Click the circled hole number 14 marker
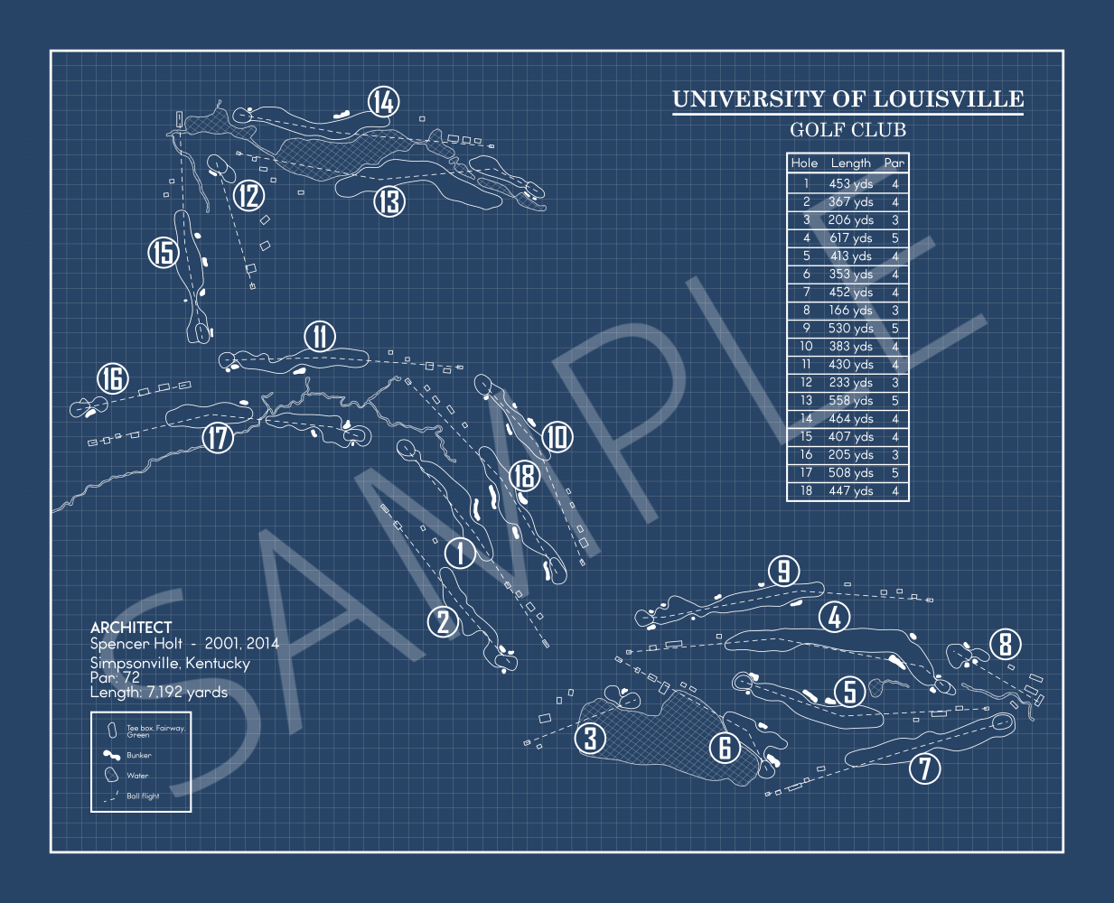(384, 102)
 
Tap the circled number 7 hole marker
(924, 768)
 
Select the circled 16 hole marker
(113, 379)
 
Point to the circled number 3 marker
(591, 739)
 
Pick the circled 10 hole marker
(557, 437)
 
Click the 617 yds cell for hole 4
(851, 238)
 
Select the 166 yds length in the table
(851, 311)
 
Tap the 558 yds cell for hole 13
(851, 401)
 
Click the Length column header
(851, 163)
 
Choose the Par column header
(894, 163)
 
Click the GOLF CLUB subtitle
(847, 130)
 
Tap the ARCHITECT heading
(131, 628)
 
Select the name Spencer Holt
(136, 644)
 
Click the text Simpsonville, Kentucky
(170, 664)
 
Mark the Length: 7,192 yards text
(159, 693)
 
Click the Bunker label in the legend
(139, 755)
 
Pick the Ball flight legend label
(143, 796)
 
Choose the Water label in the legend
(137, 776)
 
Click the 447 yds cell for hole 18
(851, 491)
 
